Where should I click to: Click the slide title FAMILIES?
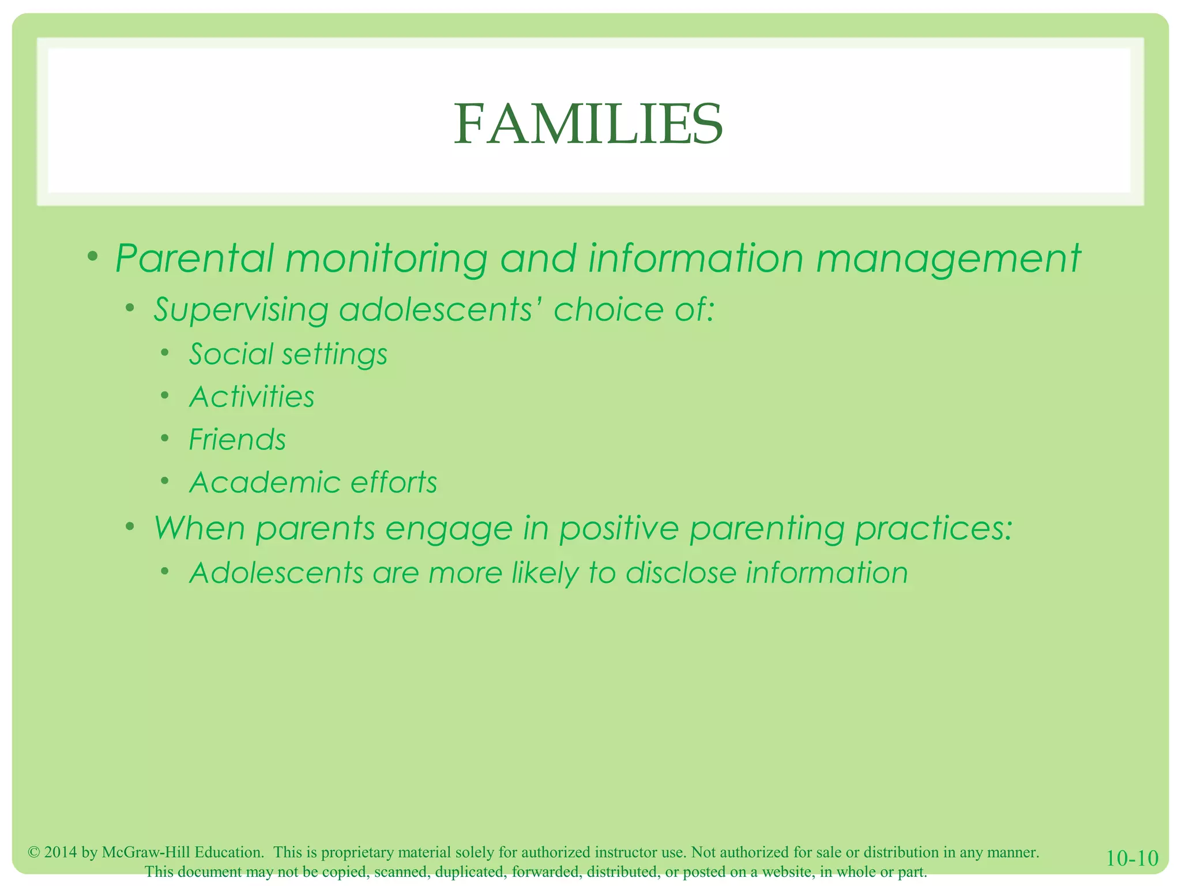click(x=588, y=124)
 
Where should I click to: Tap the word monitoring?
click(x=386, y=259)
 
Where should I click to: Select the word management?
click(x=947, y=259)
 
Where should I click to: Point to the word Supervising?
click(x=240, y=310)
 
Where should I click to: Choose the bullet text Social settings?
click(x=288, y=354)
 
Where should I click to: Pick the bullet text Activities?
click(x=251, y=397)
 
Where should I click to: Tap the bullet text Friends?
click(x=237, y=440)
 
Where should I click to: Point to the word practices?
click(x=934, y=528)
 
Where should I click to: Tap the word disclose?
click(x=680, y=573)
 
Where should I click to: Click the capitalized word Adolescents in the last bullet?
click(x=276, y=573)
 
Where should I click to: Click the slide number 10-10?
click(x=1132, y=858)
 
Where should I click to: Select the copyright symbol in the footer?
click(x=33, y=853)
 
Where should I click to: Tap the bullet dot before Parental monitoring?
click(x=93, y=256)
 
